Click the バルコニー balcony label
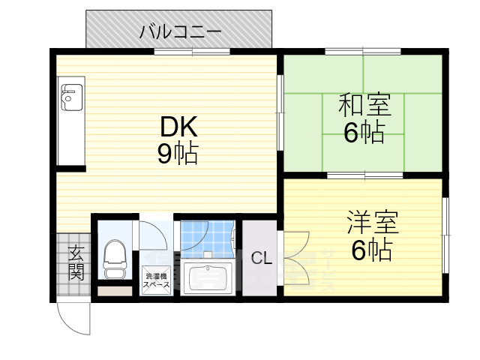click(x=180, y=32)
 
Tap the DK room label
click(x=178, y=127)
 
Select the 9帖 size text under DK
click(x=178, y=154)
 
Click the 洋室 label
click(x=371, y=223)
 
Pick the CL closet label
click(x=261, y=259)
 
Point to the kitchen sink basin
click(x=70, y=97)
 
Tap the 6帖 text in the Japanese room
click(x=364, y=133)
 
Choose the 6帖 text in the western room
click(x=371, y=250)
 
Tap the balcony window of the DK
click(x=193, y=52)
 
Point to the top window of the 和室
click(x=364, y=52)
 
